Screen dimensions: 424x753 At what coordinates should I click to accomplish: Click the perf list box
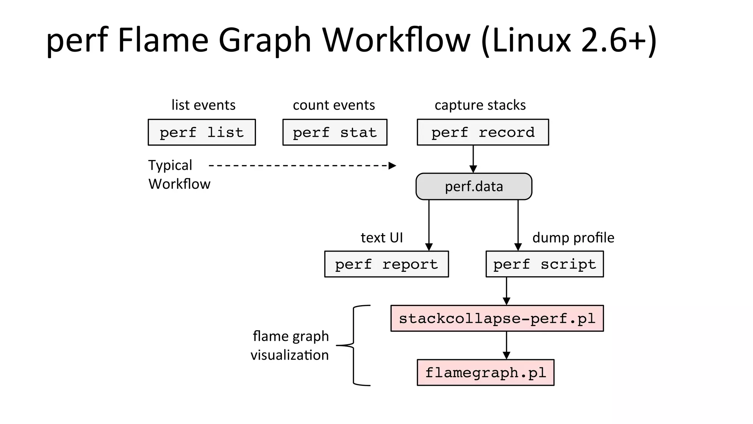201,132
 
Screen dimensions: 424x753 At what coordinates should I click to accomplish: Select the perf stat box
335,132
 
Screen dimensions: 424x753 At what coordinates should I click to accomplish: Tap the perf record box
483,132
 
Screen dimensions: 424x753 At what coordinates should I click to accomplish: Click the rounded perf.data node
474,186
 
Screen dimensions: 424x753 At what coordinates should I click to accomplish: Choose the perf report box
386,264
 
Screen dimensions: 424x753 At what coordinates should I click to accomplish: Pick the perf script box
545,264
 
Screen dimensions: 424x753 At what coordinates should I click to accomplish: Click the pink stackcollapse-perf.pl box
497,318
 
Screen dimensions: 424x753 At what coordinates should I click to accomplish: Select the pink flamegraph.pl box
485,373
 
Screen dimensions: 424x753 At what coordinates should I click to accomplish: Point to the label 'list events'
203,105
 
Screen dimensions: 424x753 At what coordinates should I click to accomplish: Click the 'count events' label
334,105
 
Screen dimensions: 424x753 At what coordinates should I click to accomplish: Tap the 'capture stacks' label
480,105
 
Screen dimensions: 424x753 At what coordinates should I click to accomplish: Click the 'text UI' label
382,238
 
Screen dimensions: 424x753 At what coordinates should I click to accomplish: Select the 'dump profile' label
573,238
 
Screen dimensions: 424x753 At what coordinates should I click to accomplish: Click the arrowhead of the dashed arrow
393,165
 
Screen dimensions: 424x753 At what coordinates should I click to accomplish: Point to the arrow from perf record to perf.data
473,158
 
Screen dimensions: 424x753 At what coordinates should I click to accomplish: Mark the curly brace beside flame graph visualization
353,345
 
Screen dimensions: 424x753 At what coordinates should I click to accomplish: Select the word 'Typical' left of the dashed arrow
170,165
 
